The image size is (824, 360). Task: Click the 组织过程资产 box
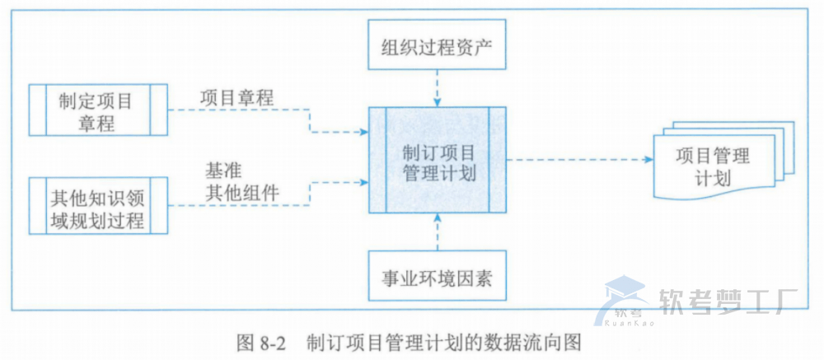point(436,44)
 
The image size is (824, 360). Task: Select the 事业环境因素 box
point(436,278)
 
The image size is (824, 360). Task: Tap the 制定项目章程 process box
point(97,110)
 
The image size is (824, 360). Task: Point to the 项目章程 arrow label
point(236,97)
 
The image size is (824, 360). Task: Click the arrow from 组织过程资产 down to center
point(437,87)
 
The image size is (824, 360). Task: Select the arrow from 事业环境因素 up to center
point(437,235)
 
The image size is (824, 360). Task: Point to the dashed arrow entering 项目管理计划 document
point(577,160)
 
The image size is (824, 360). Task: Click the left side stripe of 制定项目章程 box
point(35,110)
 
